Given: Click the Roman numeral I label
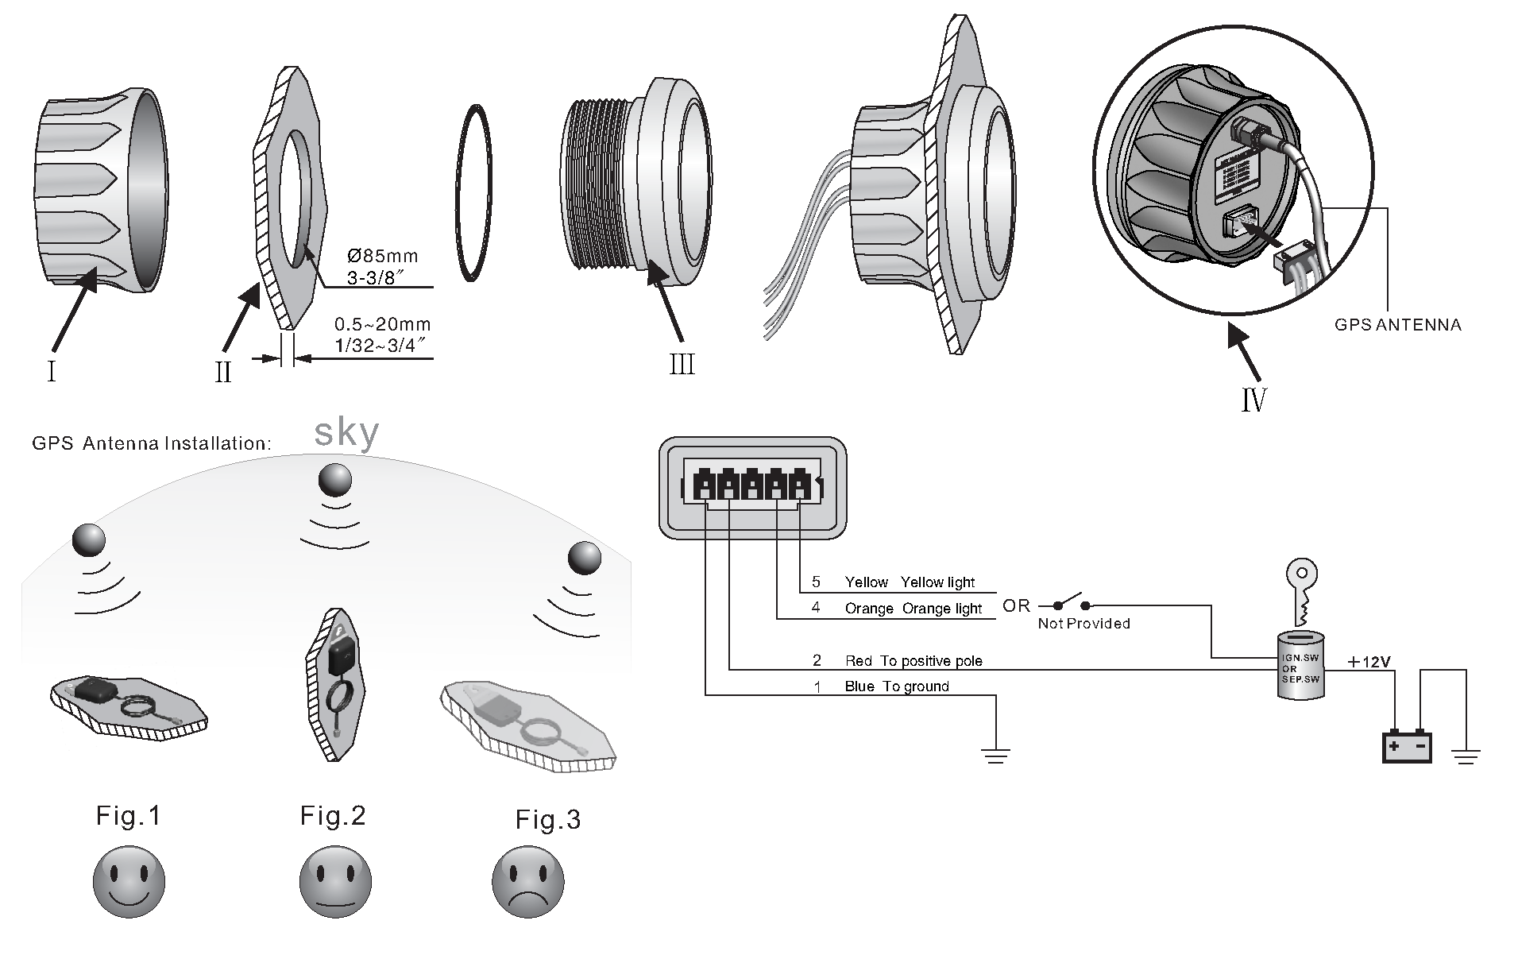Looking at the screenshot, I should point(52,371).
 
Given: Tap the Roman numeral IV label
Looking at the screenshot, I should point(1253,399).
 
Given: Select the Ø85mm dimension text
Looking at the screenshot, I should point(382,257).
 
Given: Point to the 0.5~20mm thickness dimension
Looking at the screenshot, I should point(382,324).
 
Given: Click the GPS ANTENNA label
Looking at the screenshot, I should point(1397,325).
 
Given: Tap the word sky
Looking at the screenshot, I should point(346,432).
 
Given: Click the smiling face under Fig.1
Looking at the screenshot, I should point(129,881).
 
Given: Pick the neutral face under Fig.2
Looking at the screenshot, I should point(334,881).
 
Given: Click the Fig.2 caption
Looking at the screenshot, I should point(333,816).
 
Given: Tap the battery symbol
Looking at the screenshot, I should point(1407,747).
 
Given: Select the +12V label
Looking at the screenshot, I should point(1369,661).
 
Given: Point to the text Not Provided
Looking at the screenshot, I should point(1083,624).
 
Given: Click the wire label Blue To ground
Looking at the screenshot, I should point(896,686).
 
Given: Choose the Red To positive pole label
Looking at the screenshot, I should point(913,661).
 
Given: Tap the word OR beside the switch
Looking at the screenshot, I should point(1016,606).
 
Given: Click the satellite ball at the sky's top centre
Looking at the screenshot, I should point(334,481).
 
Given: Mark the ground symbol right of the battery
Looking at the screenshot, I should point(1466,756).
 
